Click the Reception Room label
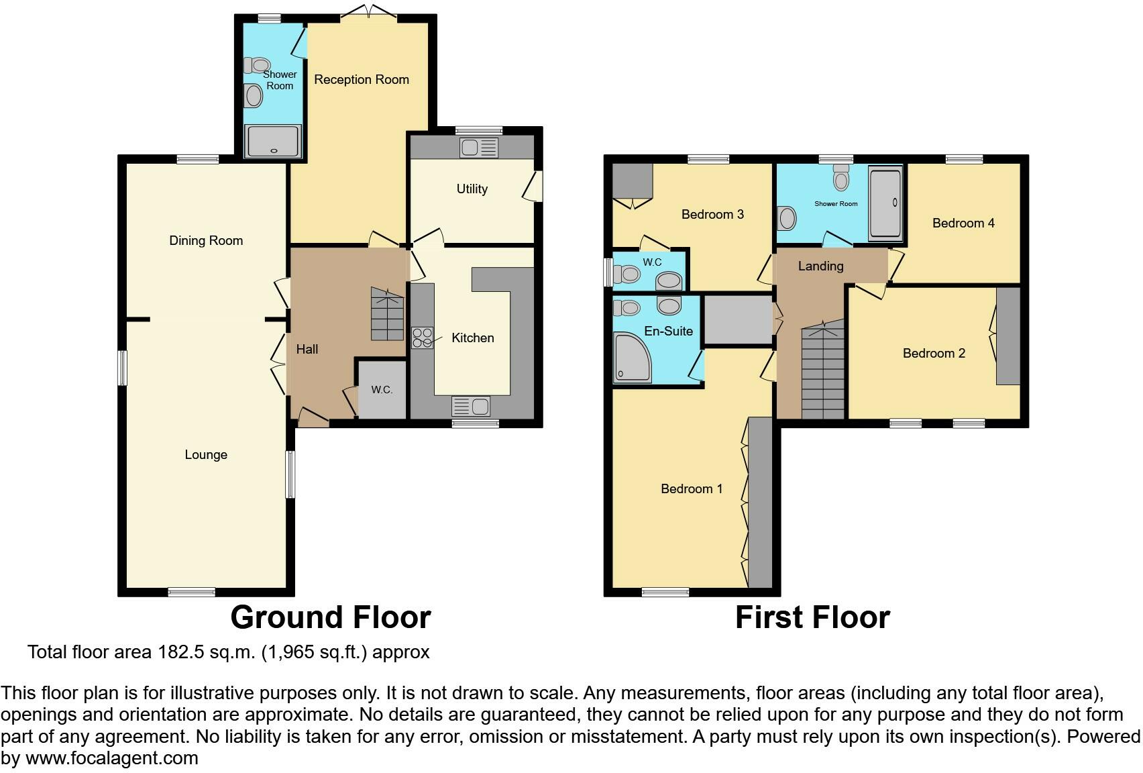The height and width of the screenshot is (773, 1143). pos(361,80)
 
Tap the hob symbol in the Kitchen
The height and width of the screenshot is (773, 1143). pos(422,338)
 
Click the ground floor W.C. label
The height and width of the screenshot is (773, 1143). pos(382,390)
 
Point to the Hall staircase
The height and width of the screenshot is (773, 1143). pos(388,313)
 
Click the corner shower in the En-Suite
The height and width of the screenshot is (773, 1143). pos(631,358)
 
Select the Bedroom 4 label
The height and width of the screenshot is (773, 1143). pos(963,223)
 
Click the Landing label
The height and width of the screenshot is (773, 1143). pos(820,266)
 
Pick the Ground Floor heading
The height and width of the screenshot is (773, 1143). pos(330,617)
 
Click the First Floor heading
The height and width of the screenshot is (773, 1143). pos(812,617)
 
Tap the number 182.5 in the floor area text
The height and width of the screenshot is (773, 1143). pos(180,652)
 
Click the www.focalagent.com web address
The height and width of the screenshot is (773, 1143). pos(111,759)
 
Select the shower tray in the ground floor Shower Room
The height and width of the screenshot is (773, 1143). pos(273,142)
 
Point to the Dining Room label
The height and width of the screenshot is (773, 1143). pos(206,241)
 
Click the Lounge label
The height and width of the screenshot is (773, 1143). pos(206,455)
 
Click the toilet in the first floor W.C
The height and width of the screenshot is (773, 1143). pos(629,274)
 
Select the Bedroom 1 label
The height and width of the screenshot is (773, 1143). pos(692,489)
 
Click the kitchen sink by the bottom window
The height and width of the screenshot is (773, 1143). pos(471,406)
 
